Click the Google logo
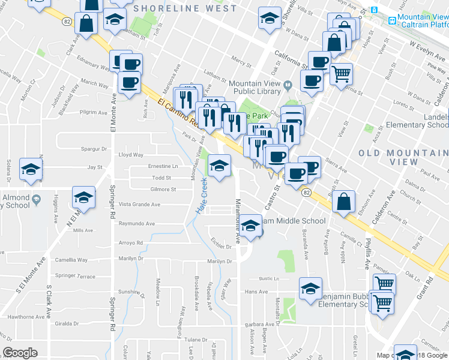[20, 353]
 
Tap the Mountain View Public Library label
[255, 88]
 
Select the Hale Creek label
[203, 196]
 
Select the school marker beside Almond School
[31, 170]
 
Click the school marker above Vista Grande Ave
[84, 197]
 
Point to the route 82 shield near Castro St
[307, 193]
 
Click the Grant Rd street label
[428, 288]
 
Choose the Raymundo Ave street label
[136, 223]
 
